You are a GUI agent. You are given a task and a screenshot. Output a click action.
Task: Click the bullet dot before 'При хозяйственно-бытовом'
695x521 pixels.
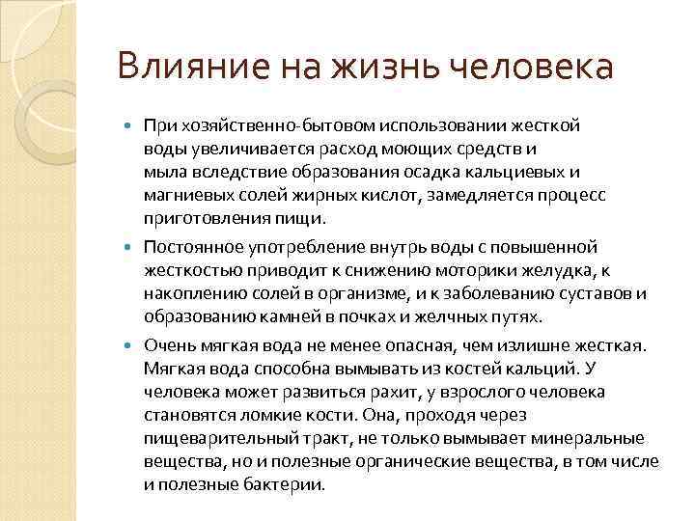[x=133, y=127]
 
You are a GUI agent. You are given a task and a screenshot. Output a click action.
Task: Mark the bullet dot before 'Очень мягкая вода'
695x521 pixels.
[x=133, y=345]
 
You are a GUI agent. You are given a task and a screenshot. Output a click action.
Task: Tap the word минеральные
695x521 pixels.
[x=595, y=438]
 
